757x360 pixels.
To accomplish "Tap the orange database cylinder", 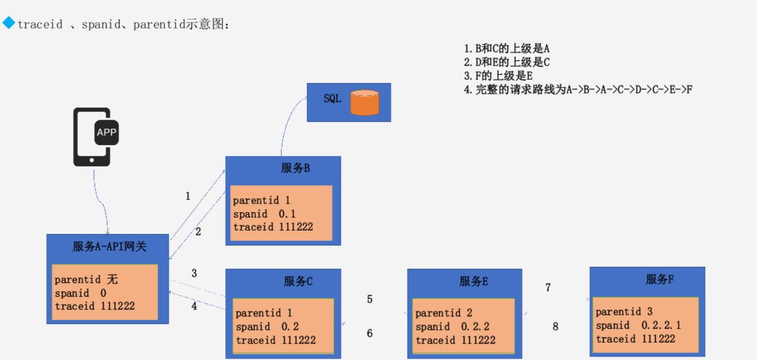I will click(365, 102).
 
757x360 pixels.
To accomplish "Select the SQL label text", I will click(332, 98).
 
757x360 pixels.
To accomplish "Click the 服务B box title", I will click(295, 168).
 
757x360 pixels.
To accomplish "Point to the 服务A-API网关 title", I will click(109, 246).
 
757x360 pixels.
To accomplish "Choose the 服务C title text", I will click(298, 281).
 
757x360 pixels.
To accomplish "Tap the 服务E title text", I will click(473, 281).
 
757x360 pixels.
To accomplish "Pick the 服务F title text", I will click(660, 279).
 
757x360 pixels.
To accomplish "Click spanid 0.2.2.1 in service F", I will click(638, 325).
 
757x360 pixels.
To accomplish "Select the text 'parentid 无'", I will click(86, 280).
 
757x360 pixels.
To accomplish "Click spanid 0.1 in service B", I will click(265, 214).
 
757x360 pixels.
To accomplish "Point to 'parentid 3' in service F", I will click(624, 311).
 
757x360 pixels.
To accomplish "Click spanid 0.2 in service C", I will click(267, 327).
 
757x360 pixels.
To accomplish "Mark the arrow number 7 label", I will click(548, 287).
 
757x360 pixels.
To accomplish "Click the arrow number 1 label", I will click(188, 196).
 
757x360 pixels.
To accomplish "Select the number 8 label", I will click(555, 327).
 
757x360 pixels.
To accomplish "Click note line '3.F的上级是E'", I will click(498, 76).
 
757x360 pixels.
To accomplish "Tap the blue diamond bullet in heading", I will click(9, 23).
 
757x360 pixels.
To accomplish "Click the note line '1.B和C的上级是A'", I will click(507, 49).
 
